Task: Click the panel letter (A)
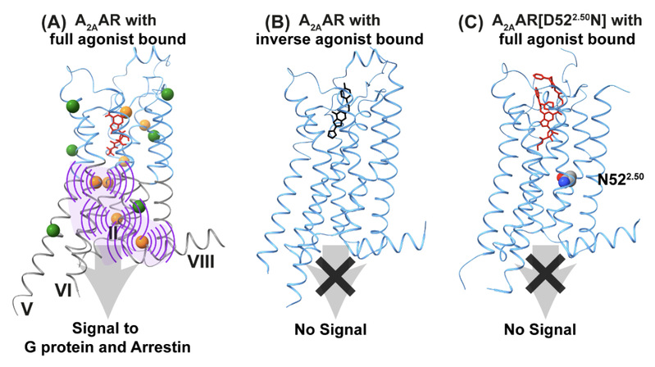(55, 22)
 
